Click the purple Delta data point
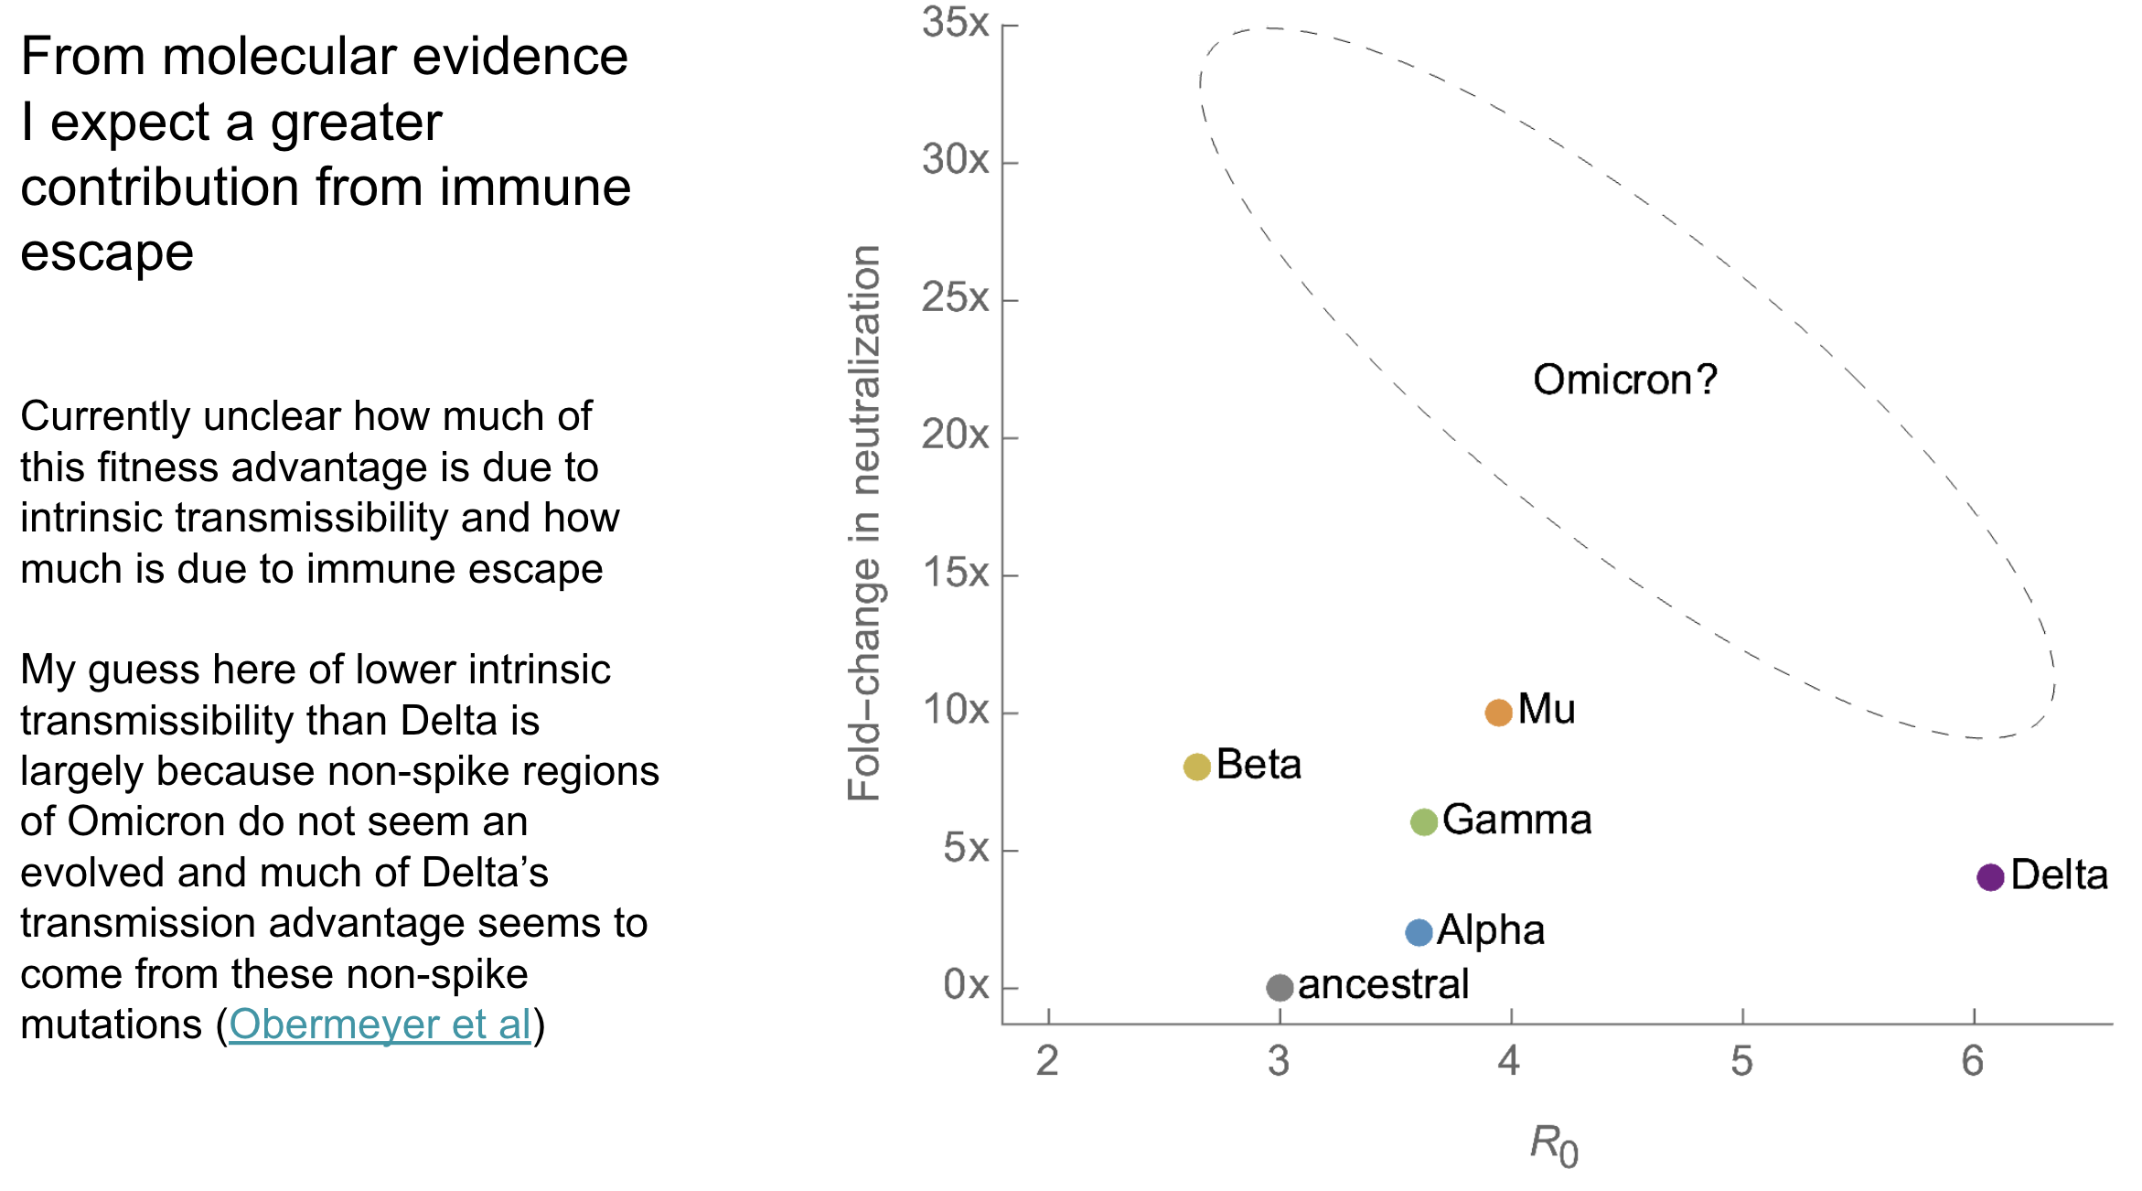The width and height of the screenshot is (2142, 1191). (1990, 877)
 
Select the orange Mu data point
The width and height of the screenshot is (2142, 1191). (1498, 712)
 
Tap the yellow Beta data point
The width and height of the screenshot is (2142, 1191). (1196, 767)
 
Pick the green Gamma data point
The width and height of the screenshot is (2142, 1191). (1423, 821)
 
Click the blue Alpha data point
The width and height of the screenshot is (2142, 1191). (1419, 932)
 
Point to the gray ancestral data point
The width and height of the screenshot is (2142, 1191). (1280, 987)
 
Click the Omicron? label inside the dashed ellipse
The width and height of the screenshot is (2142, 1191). (1624, 380)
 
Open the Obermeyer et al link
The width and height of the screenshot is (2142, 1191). (380, 1025)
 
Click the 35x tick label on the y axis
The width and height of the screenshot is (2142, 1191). (955, 23)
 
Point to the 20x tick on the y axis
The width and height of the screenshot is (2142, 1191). (955, 435)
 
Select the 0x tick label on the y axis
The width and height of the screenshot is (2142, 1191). (966, 985)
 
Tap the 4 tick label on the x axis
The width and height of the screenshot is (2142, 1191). (1509, 1061)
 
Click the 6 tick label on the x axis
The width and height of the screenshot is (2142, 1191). (1973, 1061)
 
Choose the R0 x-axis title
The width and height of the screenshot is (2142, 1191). (1554, 1146)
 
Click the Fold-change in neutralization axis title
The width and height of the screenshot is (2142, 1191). (864, 523)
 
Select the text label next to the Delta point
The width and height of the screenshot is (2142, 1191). (2059, 875)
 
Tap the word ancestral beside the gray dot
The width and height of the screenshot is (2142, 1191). (1383, 985)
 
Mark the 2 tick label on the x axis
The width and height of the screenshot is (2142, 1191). (1047, 1061)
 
